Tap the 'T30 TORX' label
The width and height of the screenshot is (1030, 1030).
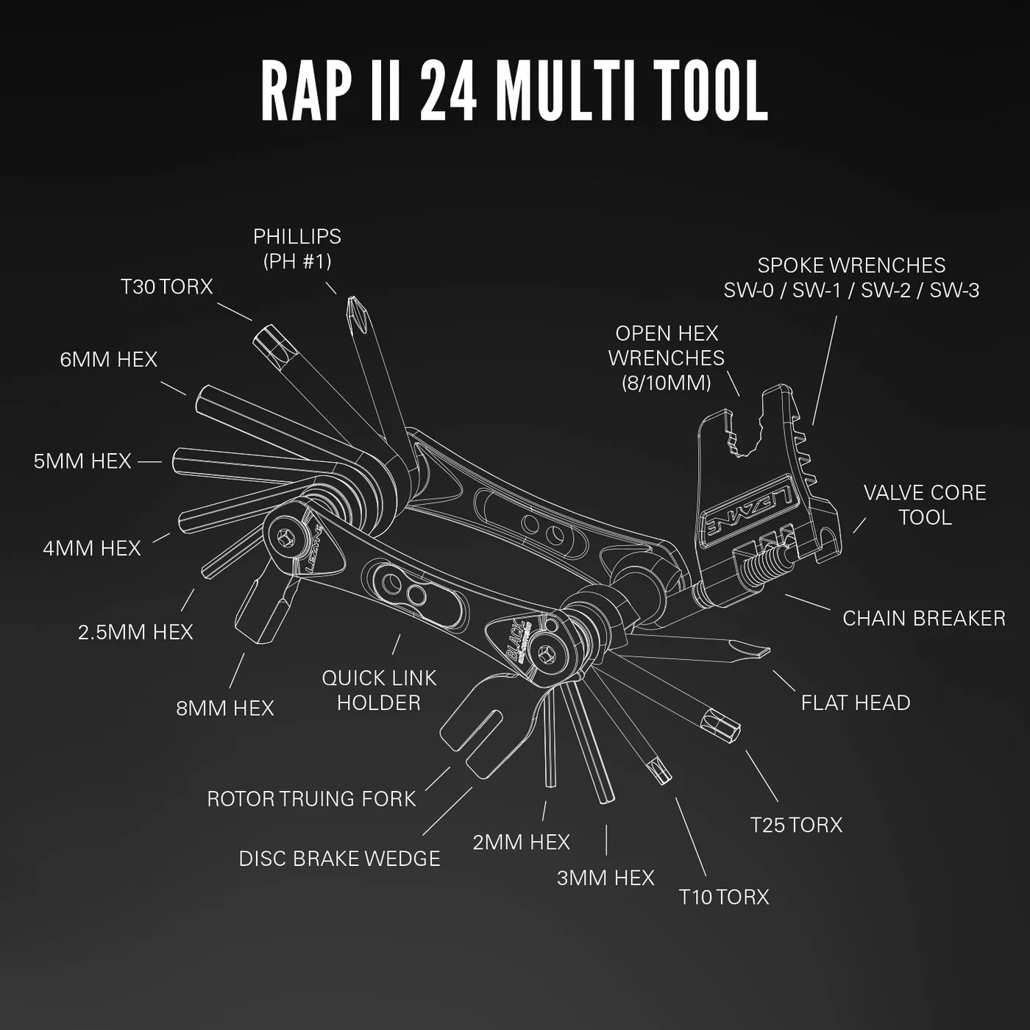tap(167, 286)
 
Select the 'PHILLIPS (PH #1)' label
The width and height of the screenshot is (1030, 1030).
tap(297, 248)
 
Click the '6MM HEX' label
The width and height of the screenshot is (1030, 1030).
tap(109, 359)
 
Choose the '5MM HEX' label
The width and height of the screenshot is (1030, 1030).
tap(82, 461)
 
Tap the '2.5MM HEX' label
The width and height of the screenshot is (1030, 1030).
tap(135, 632)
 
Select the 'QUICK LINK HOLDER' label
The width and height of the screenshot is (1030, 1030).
tap(379, 689)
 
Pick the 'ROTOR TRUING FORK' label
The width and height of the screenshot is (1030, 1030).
tap(311, 799)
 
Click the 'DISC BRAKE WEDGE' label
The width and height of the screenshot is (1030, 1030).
tap(339, 859)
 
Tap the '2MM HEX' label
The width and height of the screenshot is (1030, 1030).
tap(521, 842)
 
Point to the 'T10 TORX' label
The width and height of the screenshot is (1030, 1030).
tap(724, 897)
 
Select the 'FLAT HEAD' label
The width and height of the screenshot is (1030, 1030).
tap(856, 703)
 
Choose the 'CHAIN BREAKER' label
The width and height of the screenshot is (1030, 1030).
tap(923, 618)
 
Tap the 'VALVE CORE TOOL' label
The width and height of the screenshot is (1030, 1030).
tap(925, 505)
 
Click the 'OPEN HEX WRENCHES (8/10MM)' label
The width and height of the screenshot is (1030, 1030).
tap(667, 358)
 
